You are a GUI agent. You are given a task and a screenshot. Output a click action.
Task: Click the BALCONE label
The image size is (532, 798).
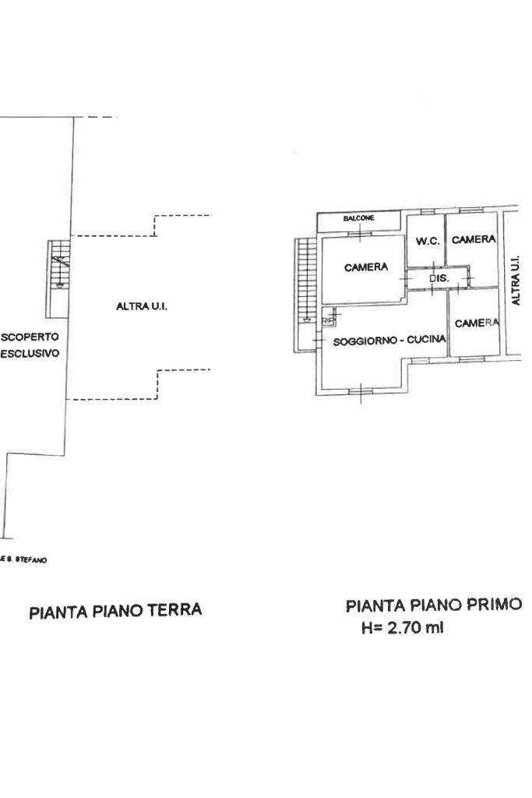358,218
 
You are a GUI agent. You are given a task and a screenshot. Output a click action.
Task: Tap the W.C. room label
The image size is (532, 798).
428,241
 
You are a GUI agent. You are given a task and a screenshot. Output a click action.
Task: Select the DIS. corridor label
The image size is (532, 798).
439,277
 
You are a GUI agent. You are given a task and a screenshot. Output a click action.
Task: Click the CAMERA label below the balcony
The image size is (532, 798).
366,267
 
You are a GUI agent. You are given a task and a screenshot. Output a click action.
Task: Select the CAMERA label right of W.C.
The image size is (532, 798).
473,240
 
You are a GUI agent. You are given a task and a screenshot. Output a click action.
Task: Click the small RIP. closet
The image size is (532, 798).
328,318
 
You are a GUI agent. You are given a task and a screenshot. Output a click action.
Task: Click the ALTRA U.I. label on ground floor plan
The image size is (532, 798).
142,307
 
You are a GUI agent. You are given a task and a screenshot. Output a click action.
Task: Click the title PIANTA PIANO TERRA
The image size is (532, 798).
115,611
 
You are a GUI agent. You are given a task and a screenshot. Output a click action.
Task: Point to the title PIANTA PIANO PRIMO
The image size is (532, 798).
434,606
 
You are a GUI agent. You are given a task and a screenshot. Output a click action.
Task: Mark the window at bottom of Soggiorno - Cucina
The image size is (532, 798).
361,390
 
